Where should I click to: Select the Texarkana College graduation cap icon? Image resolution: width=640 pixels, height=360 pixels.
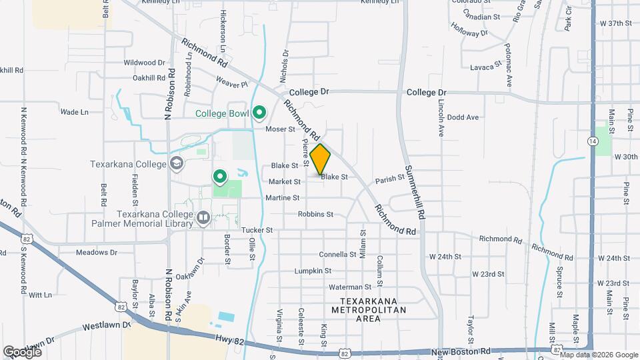tap(177, 163)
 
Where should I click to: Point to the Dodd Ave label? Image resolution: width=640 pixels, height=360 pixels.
tap(463, 117)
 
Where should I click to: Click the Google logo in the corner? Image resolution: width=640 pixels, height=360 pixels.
tap(22, 351)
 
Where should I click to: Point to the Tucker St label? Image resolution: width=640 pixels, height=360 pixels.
tap(257, 230)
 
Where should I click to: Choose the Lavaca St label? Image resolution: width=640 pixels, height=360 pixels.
tap(485, 67)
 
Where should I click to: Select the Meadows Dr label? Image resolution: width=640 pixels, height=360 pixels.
tap(96, 253)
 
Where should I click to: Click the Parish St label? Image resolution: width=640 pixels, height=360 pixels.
tap(389, 179)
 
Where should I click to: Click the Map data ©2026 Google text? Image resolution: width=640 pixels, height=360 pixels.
tap(603, 354)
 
